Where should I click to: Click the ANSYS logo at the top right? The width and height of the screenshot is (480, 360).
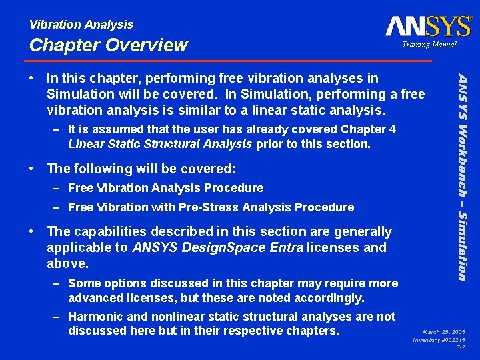pos(428,26)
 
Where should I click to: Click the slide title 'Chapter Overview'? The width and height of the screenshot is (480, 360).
pos(109,45)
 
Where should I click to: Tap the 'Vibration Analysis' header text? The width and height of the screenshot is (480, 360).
pos(81,25)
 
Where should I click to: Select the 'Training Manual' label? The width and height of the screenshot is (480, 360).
pos(429,45)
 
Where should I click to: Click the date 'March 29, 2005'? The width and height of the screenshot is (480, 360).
pos(445,331)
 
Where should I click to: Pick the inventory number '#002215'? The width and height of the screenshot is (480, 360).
pos(454,339)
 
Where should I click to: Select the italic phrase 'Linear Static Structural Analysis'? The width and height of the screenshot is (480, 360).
pos(160,144)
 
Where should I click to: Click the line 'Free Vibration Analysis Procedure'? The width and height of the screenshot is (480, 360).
pos(165,188)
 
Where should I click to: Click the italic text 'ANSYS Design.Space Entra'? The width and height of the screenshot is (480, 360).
pos(219,249)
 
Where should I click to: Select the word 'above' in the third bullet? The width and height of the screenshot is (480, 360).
pos(66,263)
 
